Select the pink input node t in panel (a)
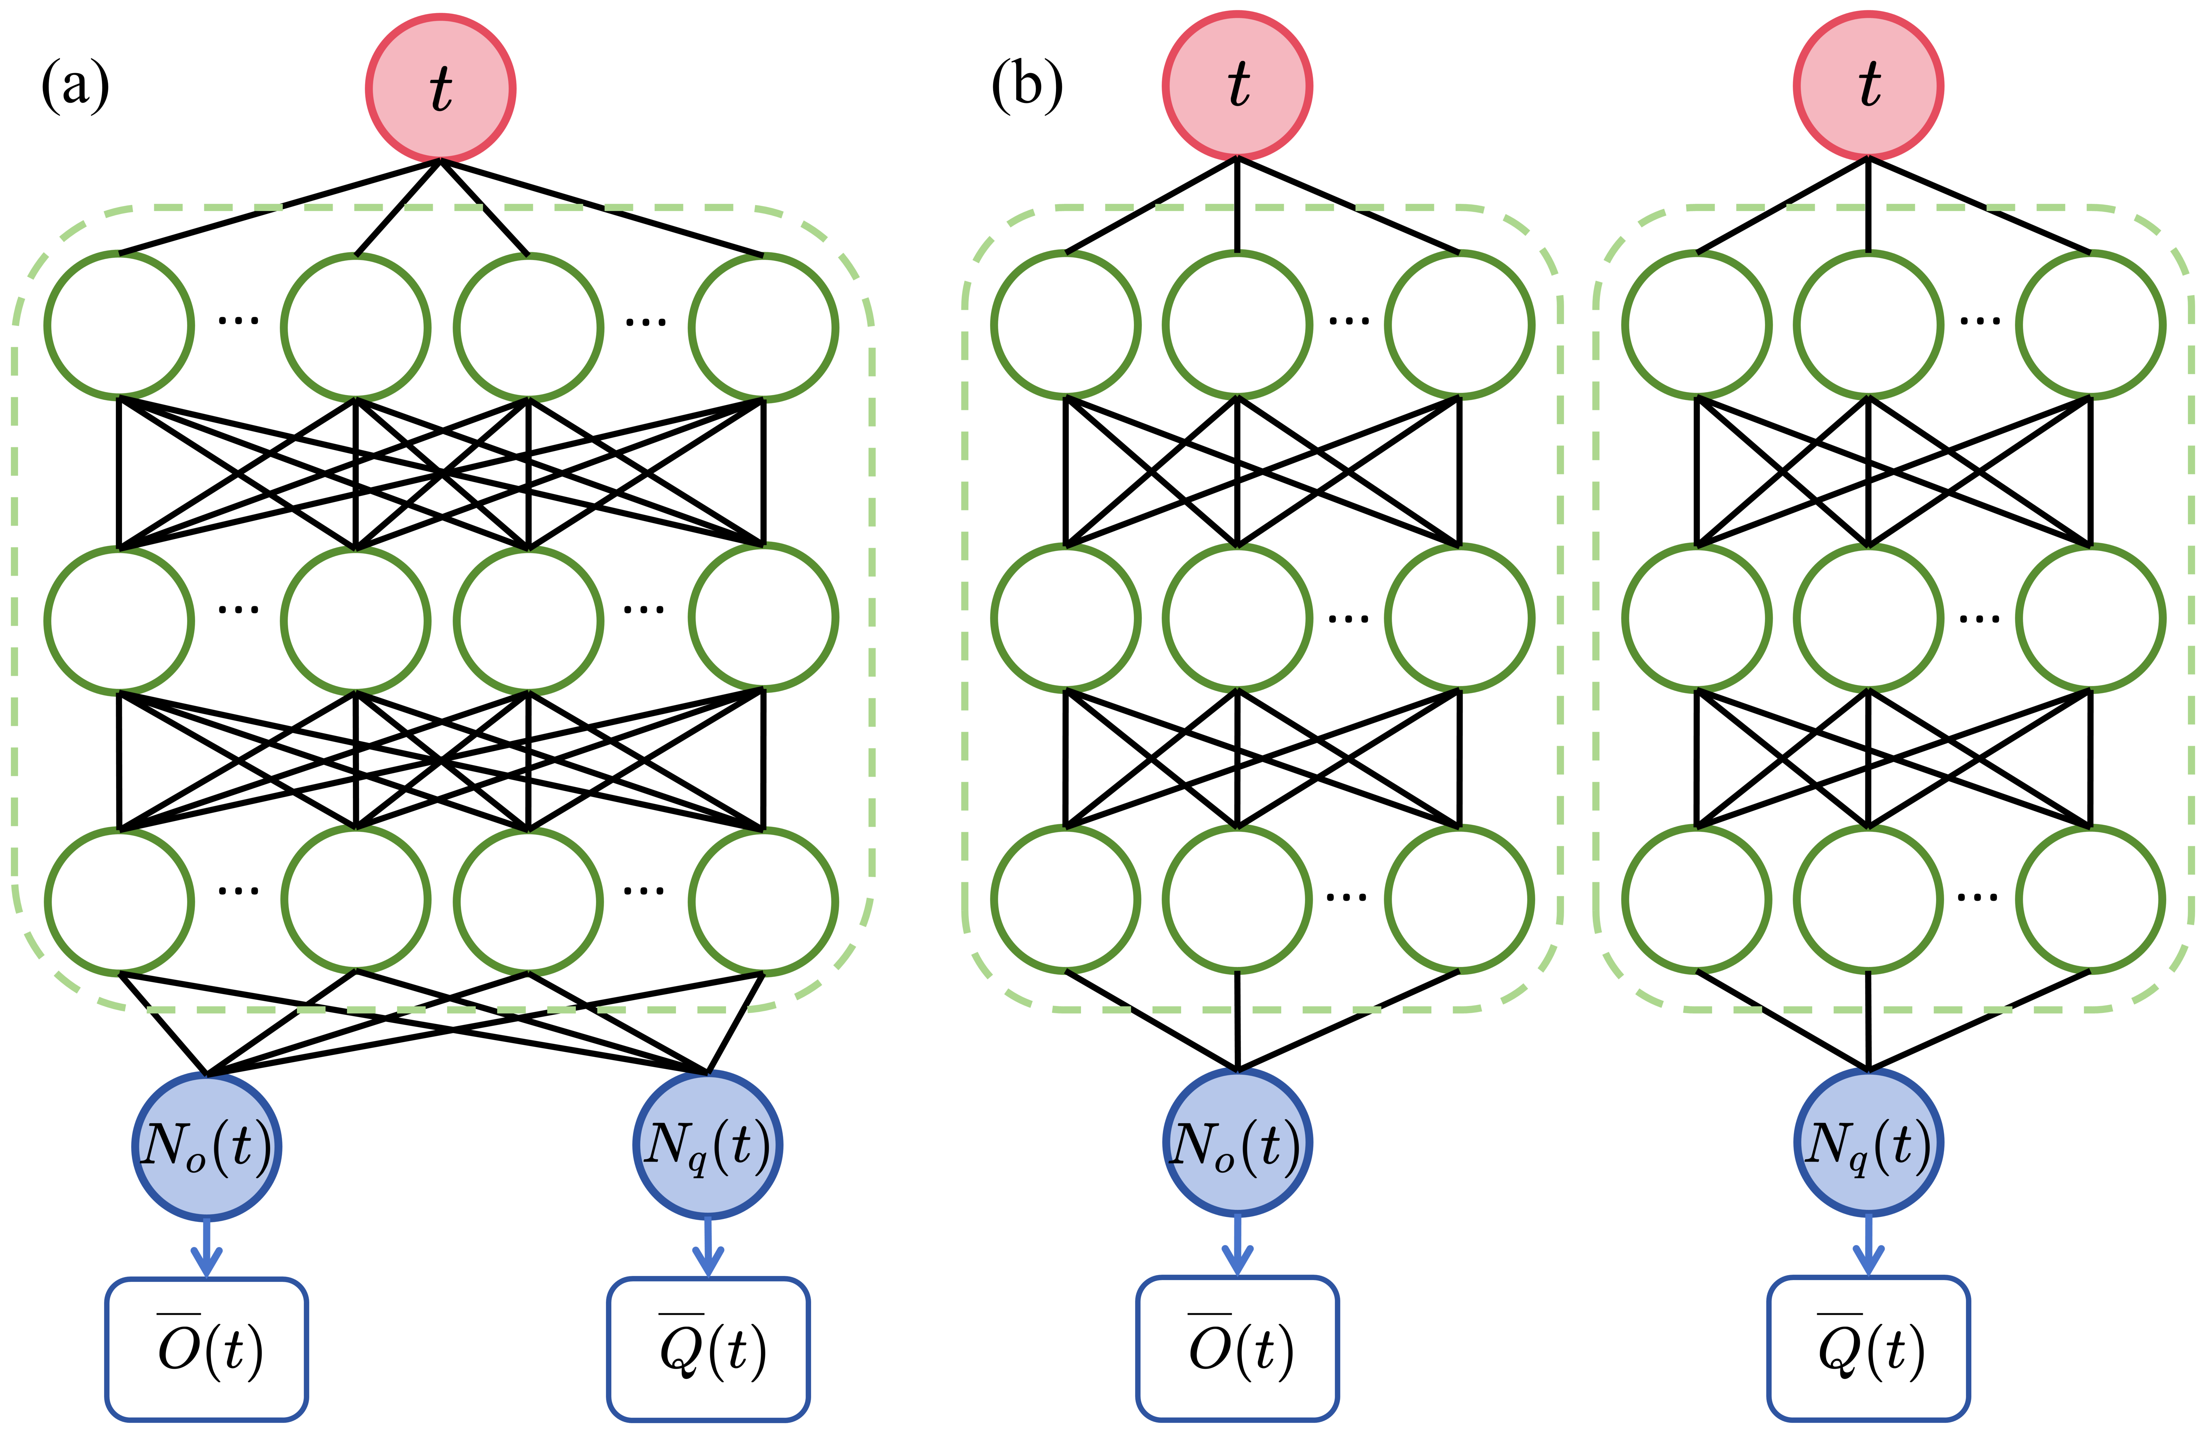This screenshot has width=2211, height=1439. pos(440,88)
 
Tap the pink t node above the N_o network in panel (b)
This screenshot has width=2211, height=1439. pos(1237,86)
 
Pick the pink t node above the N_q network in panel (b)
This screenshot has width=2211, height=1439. pos(1868,86)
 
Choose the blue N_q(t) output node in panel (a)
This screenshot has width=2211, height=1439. pos(708,1145)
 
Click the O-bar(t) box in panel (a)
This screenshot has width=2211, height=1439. pos(206,1349)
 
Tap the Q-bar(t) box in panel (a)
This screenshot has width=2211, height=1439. pos(708,1349)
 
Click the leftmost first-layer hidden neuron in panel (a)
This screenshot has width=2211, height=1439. pos(119,326)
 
